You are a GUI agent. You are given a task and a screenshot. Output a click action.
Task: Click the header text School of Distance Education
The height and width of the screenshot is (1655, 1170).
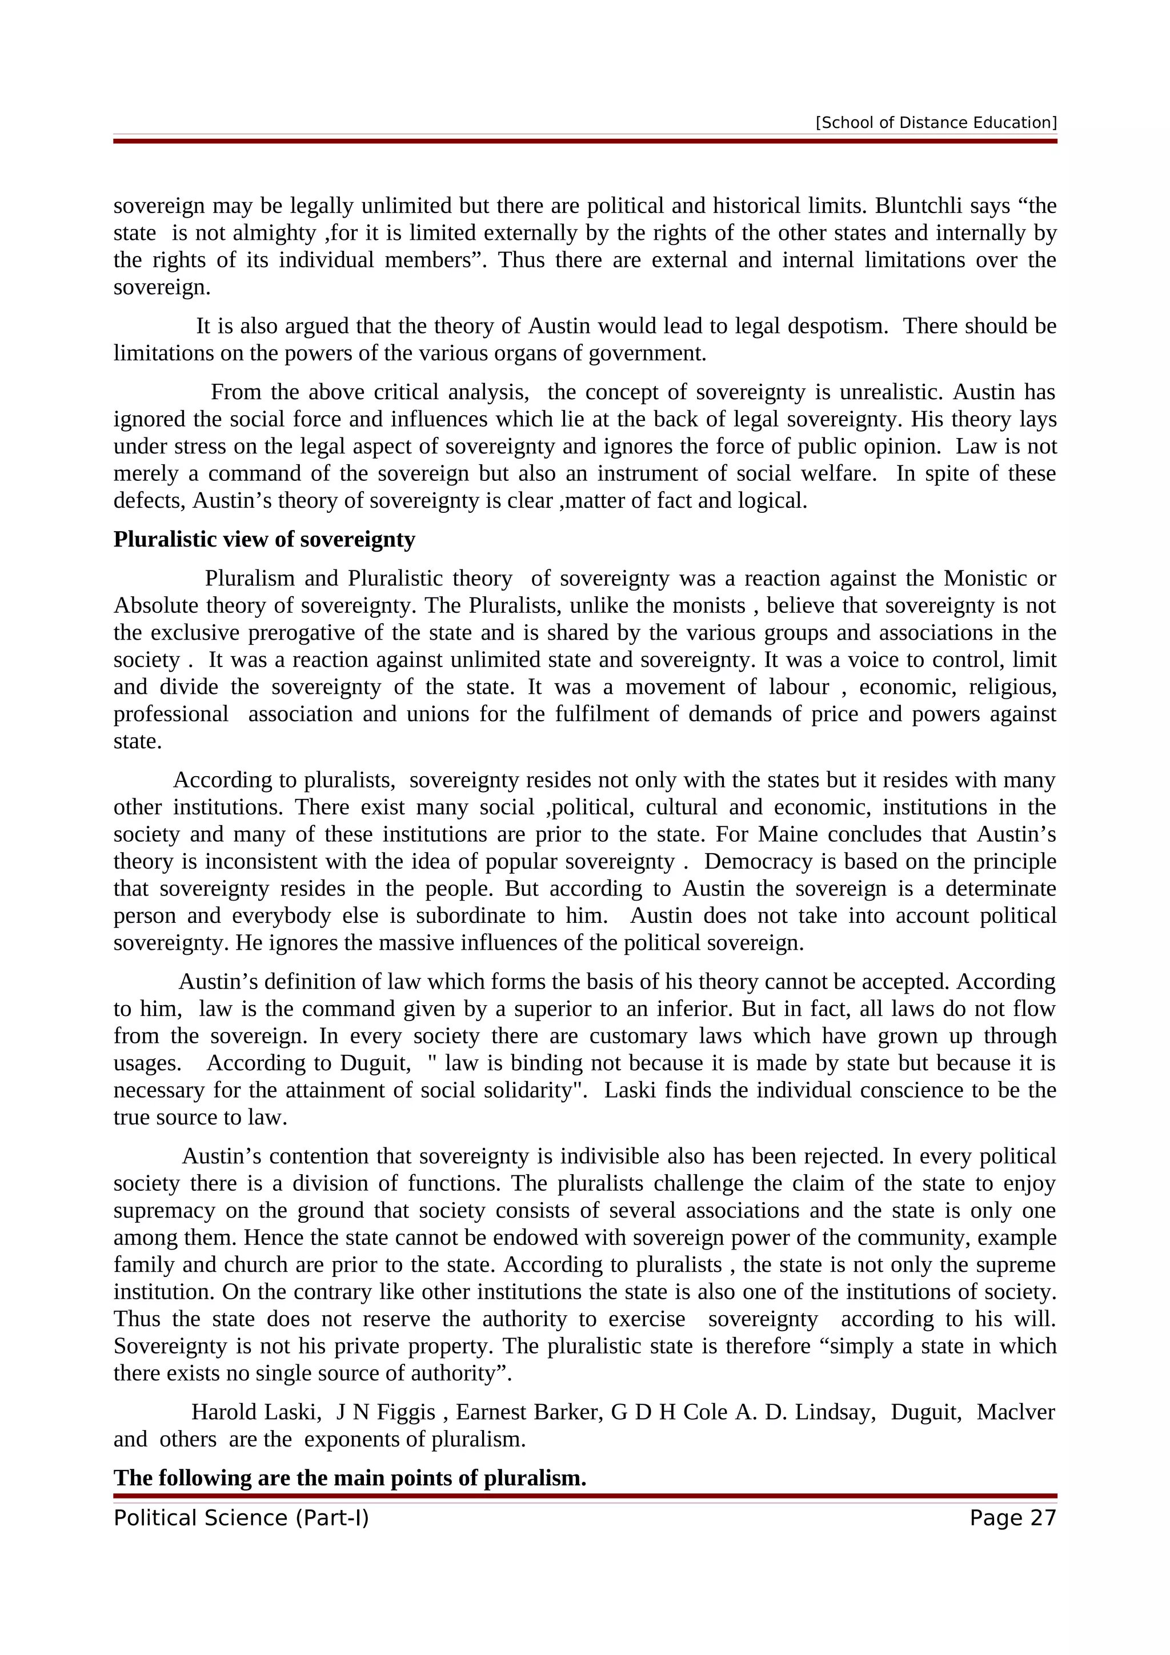coord(936,123)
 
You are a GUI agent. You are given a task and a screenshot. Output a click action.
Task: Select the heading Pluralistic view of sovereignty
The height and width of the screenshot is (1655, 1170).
coord(264,539)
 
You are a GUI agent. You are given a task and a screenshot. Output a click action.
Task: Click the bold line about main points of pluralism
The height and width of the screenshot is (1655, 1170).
coord(350,1478)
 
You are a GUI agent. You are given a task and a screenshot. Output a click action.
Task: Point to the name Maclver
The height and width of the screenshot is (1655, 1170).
coord(1015,1412)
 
